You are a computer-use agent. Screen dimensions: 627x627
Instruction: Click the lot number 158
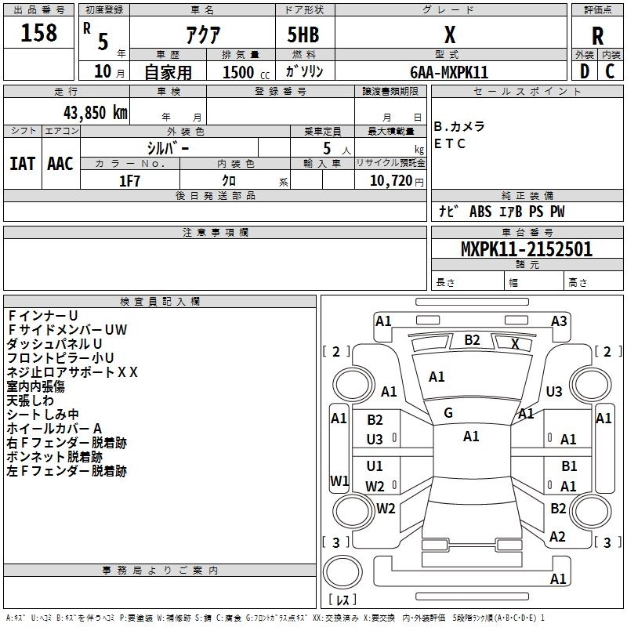pyautogui.click(x=39, y=34)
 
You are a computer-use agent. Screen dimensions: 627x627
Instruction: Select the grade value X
pyautogui.click(x=449, y=34)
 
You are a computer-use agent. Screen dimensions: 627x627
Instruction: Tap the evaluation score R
pyautogui.click(x=597, y=36)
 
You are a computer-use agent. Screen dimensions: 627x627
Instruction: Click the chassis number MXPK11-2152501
pyautogui.click(x=526, y=249)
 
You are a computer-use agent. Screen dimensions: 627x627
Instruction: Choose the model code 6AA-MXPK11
pyautogui.click(x=449, y=72)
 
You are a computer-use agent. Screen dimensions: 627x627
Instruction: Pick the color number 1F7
pyautogui.click(x=129, y=180)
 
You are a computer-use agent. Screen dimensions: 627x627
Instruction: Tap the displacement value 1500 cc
pyautogui.click(x=237, y=72)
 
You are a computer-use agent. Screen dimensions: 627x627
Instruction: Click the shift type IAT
pyautogui.click(x=22, y=163)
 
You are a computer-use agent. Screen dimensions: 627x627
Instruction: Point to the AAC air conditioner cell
pyautogui.click(x=60, y=163)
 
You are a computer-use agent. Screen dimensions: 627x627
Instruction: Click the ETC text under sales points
pyautogui.click(x=450, y=143)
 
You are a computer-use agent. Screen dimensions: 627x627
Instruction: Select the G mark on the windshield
pyautogui.click(x=448, y=413)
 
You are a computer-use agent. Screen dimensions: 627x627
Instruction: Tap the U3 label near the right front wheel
pyautogui.click(x=554, y=391)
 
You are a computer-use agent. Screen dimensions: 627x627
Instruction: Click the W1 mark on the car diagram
pyautogui.click(x=339, y=480)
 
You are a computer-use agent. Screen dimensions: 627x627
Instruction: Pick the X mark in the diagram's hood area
pyautogui.click(x=515, y=343)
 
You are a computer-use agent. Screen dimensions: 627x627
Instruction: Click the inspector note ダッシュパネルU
pyautogui.click(x=55, y=344)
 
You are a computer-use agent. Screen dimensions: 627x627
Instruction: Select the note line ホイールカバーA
pyautogui.click(x=55, y=429)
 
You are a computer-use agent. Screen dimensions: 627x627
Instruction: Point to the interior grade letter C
pyautogui.click(x=610, y=72)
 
